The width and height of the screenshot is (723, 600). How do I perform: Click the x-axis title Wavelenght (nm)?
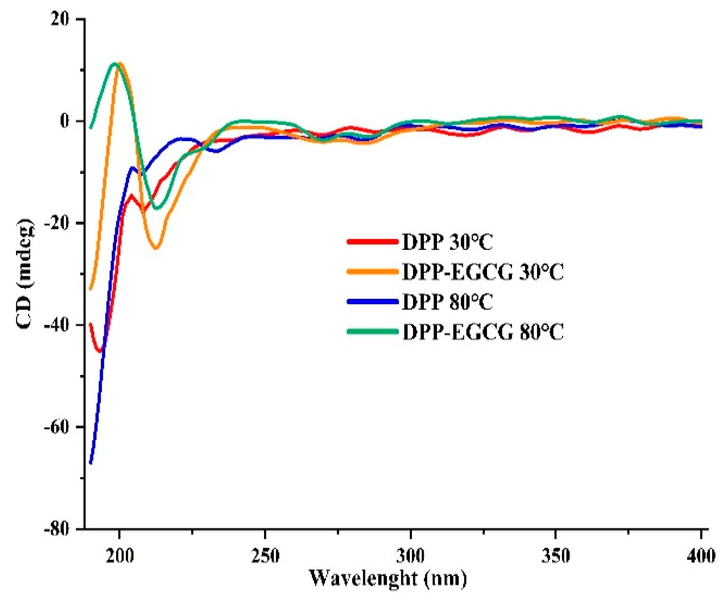tap(388, 578)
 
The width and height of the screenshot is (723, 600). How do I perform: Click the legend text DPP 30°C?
tap(448, 243)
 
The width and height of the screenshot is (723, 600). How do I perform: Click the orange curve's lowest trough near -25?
tap(156, 248)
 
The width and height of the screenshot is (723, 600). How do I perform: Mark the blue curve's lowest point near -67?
tap(91, 463)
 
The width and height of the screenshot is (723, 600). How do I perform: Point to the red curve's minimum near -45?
tap(100, 351)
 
